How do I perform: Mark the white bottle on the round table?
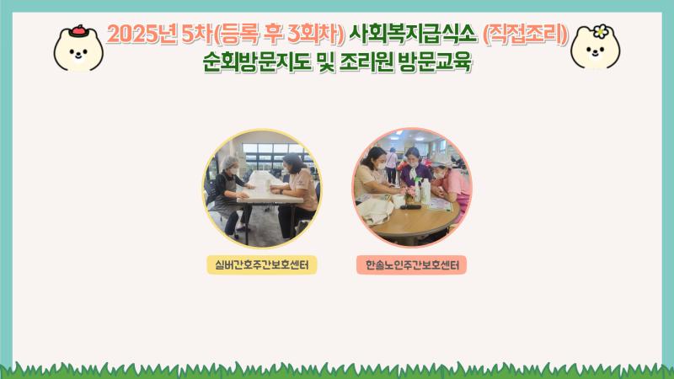425,192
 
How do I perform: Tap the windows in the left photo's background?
253,156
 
